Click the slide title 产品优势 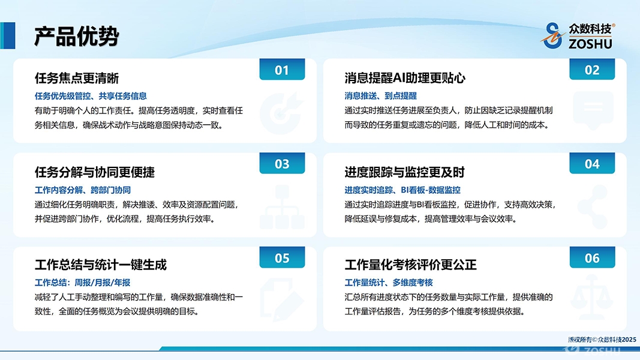tap(76, 37)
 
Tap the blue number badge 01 tap(282, 70)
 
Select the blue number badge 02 tap(592, 70)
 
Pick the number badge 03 tap(282, 163)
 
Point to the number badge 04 tap(592, 163)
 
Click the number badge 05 tap(282, 257)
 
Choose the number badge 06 tap(592, 257)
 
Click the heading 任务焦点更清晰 tap(77, 78)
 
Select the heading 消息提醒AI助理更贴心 tap(405, 78)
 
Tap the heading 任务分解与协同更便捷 tap(95, 172)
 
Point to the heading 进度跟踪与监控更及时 tap(405, 172)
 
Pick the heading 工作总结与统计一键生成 tap(101, 265)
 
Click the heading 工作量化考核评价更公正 tap(411, 265)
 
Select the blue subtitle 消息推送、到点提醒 tap(380, 96)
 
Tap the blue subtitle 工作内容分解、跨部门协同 tap(82, 190)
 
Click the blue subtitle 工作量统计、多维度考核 tap(389, 283)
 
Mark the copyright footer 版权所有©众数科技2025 tap(602, 340)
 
